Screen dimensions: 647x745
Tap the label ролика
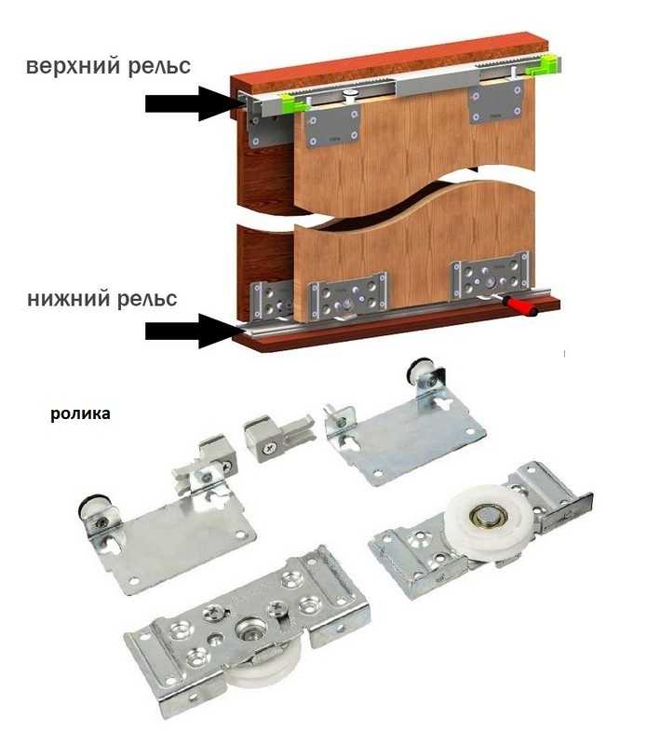(x=80, y=413)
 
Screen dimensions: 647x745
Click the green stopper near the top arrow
(x=291, y=102)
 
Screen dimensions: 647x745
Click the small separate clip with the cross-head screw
(x=278, y=437)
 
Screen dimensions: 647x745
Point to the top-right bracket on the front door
(x=497, y=103)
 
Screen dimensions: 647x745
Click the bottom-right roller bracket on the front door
(x=490, y=276)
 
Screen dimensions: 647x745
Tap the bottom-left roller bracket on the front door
(x=347, y=297)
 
